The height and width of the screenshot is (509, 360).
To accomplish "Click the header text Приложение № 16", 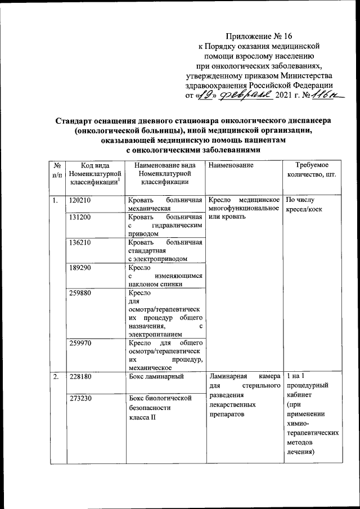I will pyautogui.click(x=260, y=35).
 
